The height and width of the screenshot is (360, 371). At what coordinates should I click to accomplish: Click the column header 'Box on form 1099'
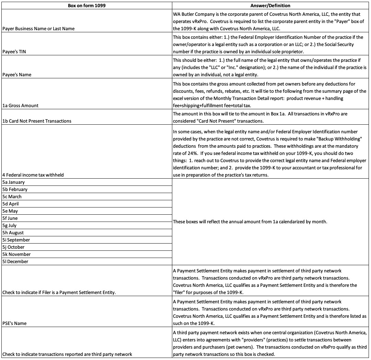pos(86,5)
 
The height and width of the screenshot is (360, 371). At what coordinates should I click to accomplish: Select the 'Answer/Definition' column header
pos(270,5)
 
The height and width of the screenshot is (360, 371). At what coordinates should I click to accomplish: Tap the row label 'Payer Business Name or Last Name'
pos(38,29)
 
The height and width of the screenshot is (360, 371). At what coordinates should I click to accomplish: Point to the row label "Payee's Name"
pos(16,75)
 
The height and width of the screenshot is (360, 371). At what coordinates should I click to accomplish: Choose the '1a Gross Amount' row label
pos(20,105)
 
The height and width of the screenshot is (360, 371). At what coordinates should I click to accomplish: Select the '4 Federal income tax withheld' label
pos(33,175)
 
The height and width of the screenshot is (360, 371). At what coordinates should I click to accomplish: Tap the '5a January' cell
pos(13,182)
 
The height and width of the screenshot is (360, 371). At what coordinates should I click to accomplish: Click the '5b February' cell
pos(15,190)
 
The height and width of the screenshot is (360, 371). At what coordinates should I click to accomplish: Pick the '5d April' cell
pos(11,204)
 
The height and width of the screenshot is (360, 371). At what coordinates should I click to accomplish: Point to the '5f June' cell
pos(10,218)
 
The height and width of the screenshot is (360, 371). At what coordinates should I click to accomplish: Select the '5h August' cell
pos(13,233)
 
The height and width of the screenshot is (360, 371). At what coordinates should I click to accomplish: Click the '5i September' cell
pos(16,240)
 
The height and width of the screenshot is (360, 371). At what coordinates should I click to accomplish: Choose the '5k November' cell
pos(16,255)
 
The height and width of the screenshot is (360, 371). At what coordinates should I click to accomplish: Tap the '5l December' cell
pos(15,262)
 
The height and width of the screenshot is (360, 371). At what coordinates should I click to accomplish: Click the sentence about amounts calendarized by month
pos(250,222)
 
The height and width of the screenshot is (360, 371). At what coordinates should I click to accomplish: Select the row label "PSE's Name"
pos(14,323)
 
